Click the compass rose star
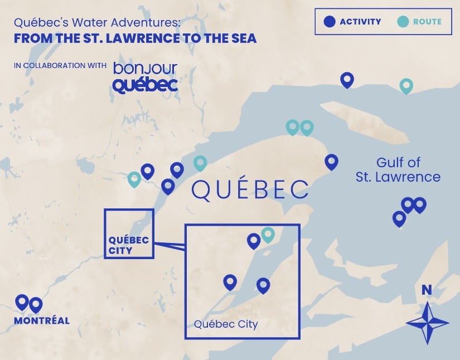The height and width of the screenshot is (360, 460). (x=427, y=322)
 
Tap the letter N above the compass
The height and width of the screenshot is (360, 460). (x=427, y=290)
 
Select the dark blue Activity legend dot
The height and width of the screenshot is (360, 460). (x=330, y=22)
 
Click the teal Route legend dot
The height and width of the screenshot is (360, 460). (x=404, y=22)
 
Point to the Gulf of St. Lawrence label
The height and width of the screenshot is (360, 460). (x=398, y=170)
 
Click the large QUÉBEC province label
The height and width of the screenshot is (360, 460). (x=250, y=189)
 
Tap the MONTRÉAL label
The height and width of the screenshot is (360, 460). (x=42, y=320)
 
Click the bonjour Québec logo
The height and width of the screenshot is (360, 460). (x=145, y=77)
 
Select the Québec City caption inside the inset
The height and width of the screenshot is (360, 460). (x=226, y=324)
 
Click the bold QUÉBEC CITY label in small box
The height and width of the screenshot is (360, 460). (x=129, y=245)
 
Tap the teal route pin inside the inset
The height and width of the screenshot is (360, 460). (x=268, y=234)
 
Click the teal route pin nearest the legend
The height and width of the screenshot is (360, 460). (x=406, y=85)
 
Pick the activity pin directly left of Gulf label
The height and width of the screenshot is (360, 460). (x=332, y=162)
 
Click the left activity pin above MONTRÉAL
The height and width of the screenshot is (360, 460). (x=22, y=302)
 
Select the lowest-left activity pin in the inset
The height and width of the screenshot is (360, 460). (x=230, y=282)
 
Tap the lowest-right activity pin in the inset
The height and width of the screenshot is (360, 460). (x=263, y=285)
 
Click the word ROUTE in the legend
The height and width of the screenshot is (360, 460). (x=427, y=22)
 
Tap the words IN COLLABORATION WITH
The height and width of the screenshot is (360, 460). (x=60, y=66)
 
